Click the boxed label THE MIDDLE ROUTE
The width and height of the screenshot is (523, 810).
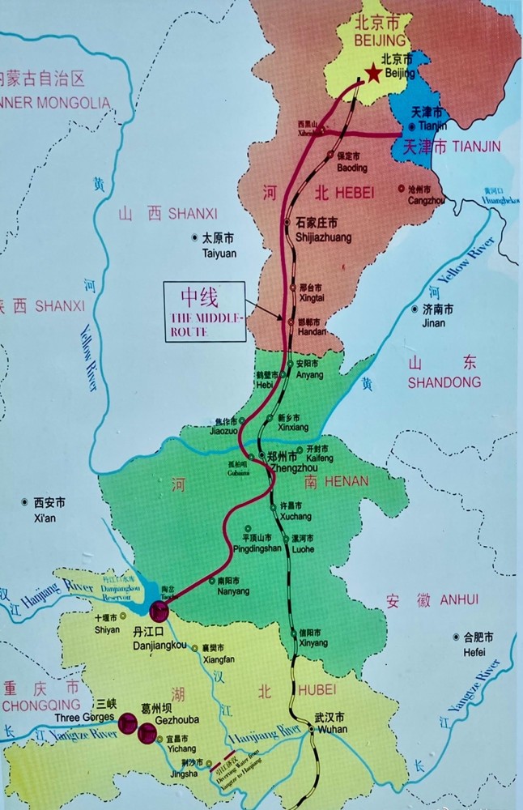(203, 311)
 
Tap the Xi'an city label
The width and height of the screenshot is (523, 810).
(45, 510)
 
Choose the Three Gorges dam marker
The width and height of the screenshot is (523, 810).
(128, 723)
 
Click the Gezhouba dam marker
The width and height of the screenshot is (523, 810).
(147, 734)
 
